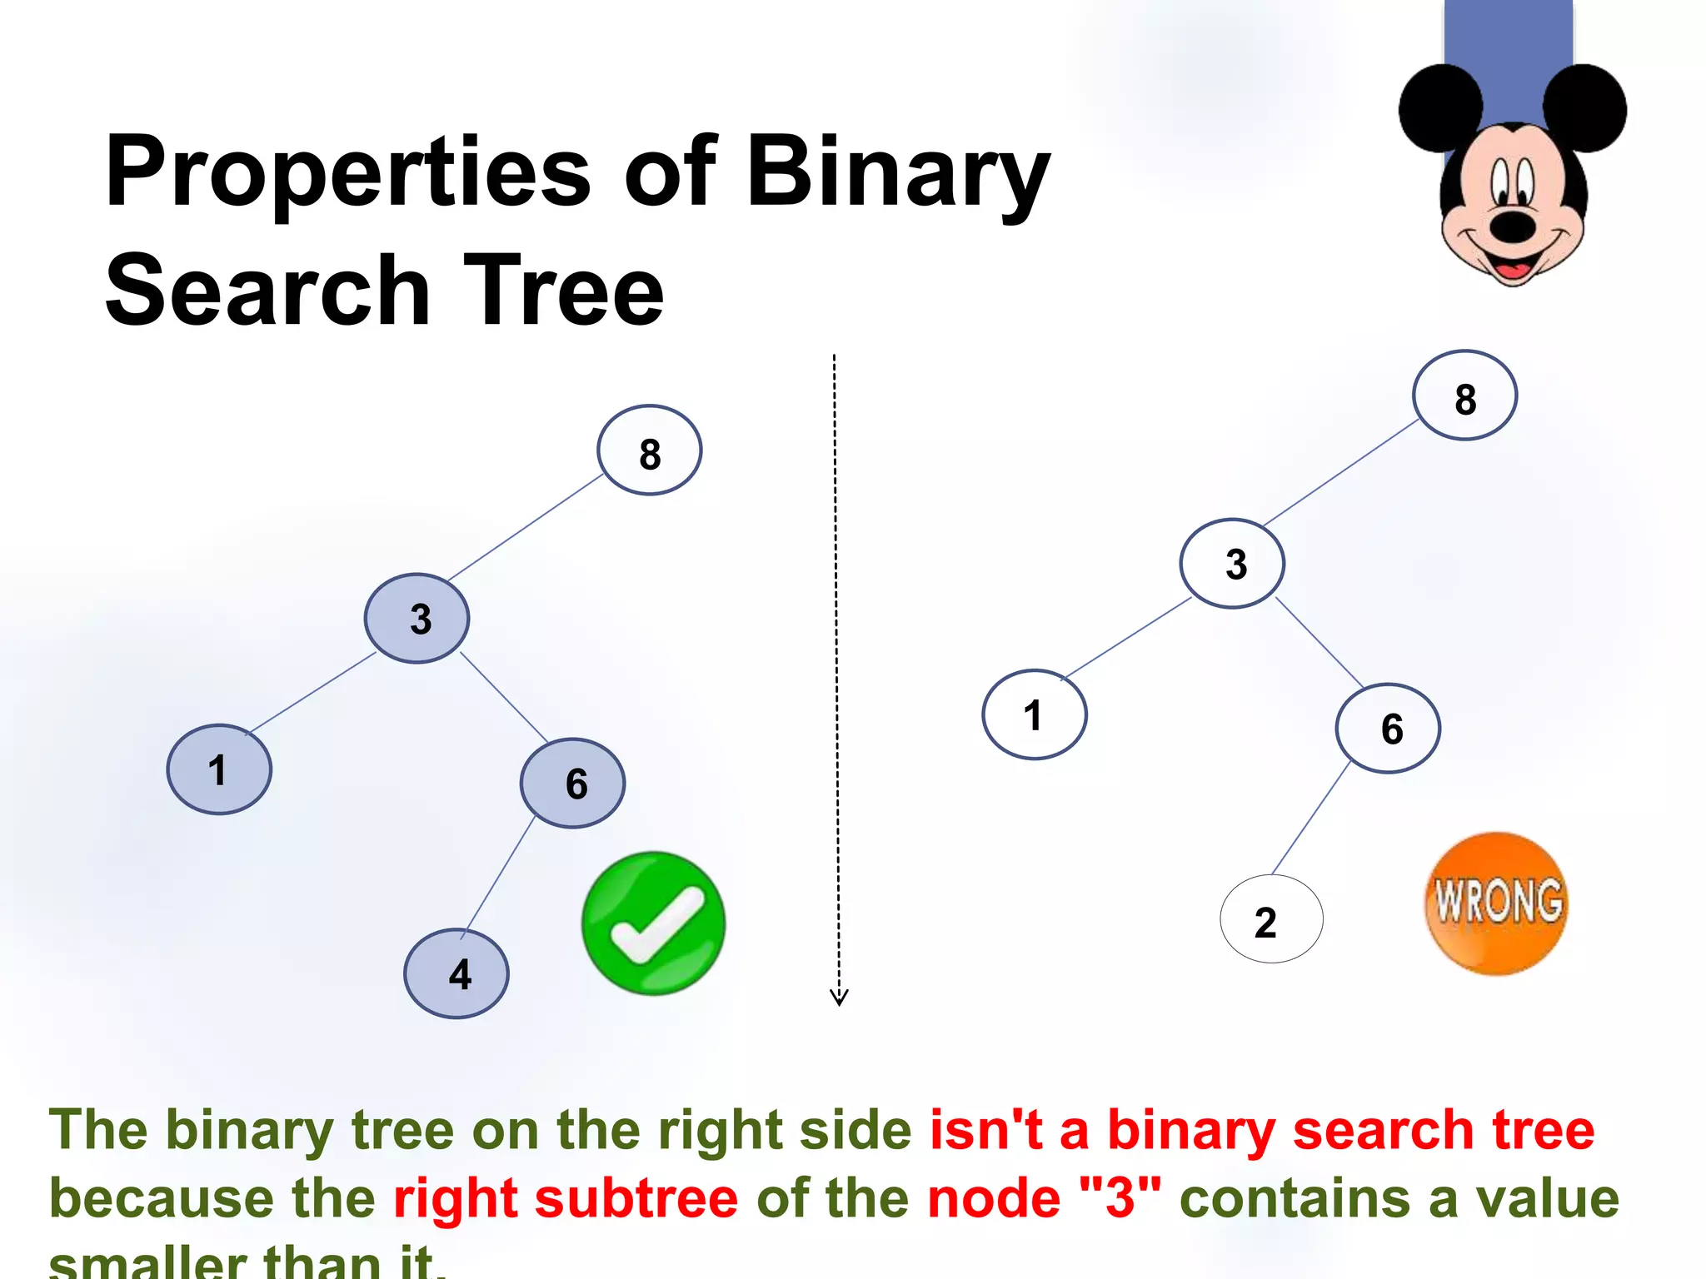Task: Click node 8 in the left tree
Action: coord(649,450)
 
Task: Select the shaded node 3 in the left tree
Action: coord(417,618)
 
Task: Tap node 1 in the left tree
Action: coord(219,769)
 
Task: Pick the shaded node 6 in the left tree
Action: coord(573,783)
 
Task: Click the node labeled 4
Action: coord(456,973)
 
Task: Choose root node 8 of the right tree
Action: coord(1464,396)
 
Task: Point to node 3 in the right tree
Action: coord(1232,563)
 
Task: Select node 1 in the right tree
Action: coord(1035,714)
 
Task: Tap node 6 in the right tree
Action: coord(1388,729)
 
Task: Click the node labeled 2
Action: coord(1271,919)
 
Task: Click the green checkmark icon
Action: coord(654,923)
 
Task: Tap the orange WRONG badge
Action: coord(1497,903)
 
